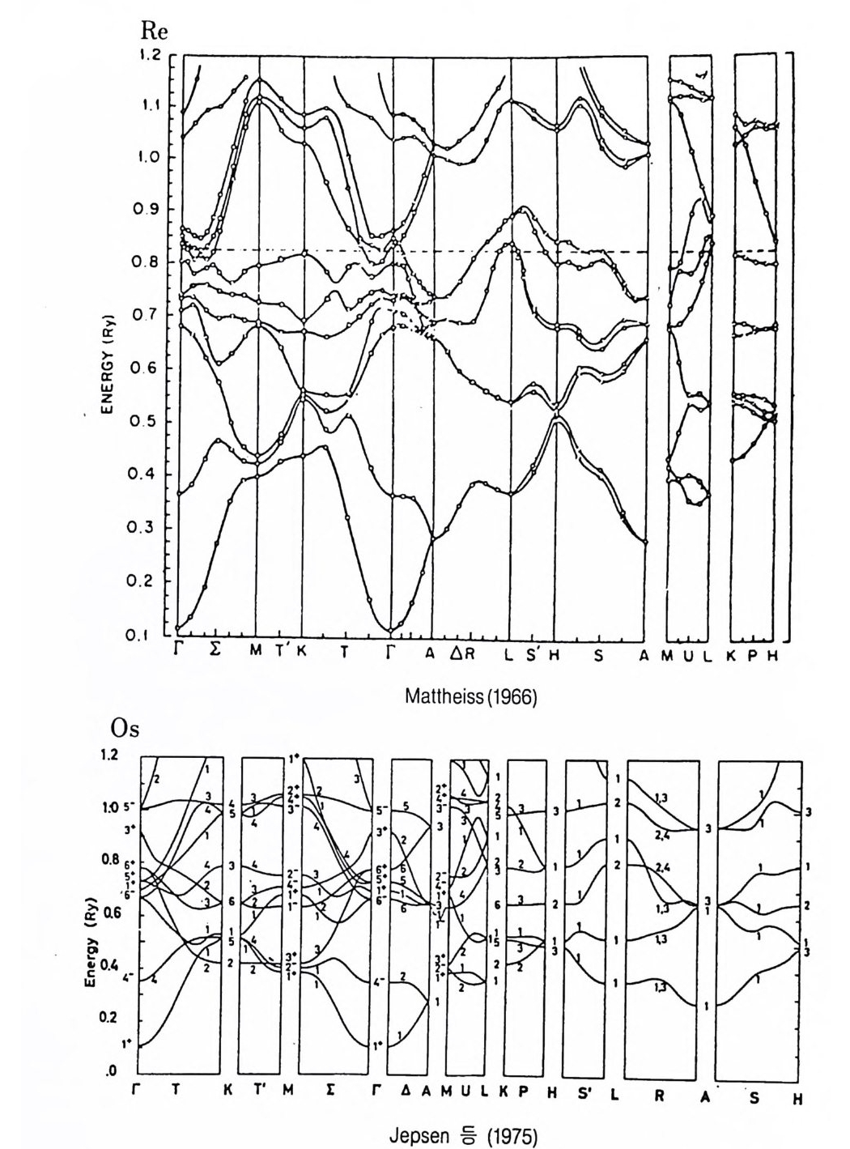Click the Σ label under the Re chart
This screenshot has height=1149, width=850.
[x=215, y=654]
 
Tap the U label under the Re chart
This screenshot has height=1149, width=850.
[x=689, y=654]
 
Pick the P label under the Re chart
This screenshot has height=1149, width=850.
[x=752, y=654]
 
